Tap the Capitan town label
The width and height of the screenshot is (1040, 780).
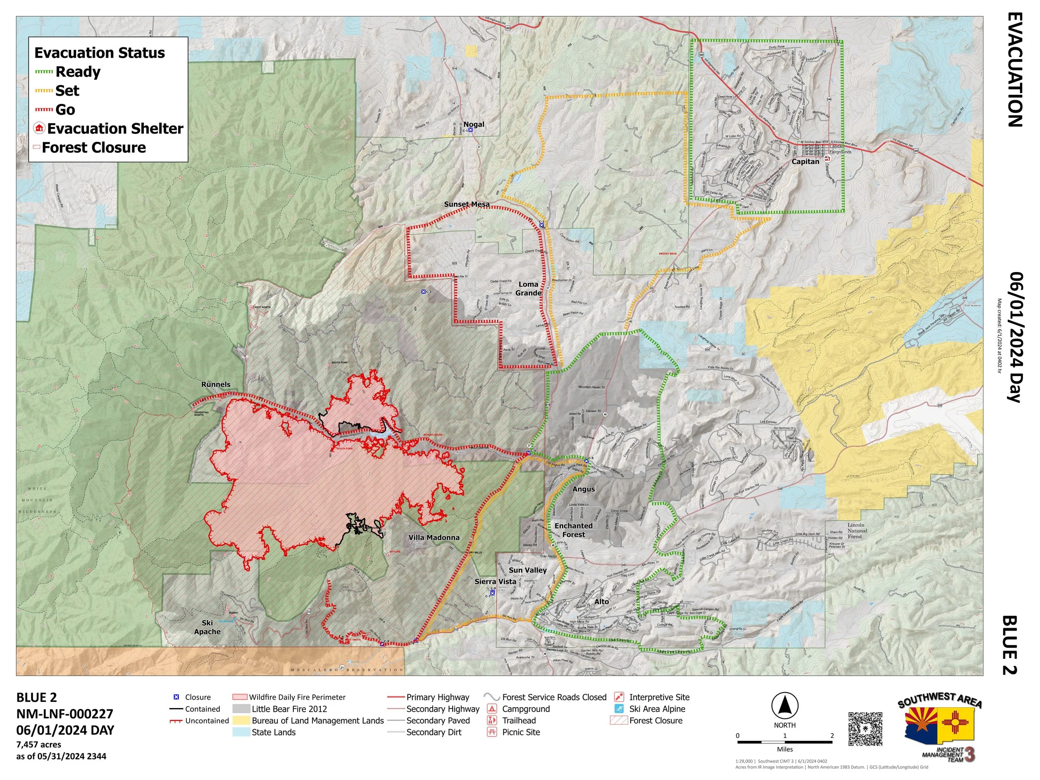click(x=805, y=161)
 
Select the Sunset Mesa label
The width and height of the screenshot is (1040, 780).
click(x=466, y=204)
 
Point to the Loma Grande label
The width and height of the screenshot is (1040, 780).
click(x=528, y=288)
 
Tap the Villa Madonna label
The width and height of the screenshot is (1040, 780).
click(x=433, y=537)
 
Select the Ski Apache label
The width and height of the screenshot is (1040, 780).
click(x=207, y=627)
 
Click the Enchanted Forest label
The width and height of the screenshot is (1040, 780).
click(x=573, y=530)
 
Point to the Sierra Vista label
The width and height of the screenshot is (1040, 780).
click(x=495, y=581)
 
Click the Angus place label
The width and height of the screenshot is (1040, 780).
click(x=584, y=489)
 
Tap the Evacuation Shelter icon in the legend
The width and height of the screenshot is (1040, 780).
click(x=40, y=129)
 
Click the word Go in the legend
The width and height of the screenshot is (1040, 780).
click(x=65, y=109)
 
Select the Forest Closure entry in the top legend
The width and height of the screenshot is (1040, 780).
click(x=94, y=147)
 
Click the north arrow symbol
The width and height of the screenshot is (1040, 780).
click(x=784, y=706)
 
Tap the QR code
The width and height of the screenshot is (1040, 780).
click(x=865, y=728)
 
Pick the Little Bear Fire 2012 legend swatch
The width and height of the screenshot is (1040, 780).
click(x=240, y=708)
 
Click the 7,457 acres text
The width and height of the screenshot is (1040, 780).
click(x=39, y=744)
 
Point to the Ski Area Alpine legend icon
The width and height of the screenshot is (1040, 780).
click(x=620, y=708)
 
